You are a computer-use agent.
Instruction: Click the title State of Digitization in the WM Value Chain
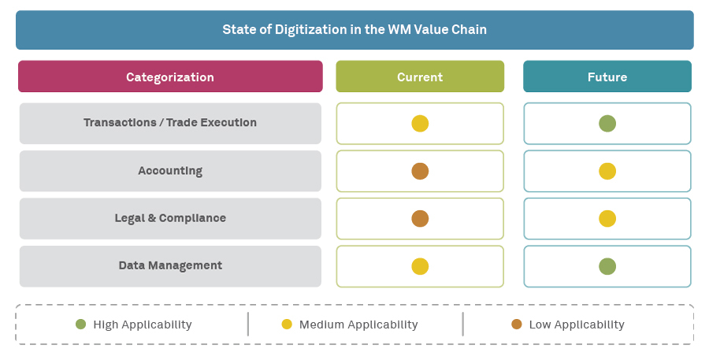pyautogui.click(x=354, y=30)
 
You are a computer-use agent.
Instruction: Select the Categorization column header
pyautogui.click(x=170, y=77)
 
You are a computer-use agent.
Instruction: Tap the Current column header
pyautogui.click(x=420, y=77)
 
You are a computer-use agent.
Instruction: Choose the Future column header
pyautogui.click(x=607, y=77)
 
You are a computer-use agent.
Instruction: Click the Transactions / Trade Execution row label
pyautogui.click(x=170, y=123)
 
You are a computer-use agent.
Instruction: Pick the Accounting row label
pyautogui.click(x=170, y=171)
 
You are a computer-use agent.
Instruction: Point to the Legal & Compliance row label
pyautogui.click(x=170, y=218)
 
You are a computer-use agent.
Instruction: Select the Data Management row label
pyautogui.click(x=170, y=265)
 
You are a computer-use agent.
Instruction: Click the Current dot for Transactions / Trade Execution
pyautogui.click(x=420, y=124)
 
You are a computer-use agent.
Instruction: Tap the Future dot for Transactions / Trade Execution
pyautogui.click(x=607, y=124)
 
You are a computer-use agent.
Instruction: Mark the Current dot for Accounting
pyautogui.click(x=420, y=171)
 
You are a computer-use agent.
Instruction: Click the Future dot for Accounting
pyautogui.click(x=607, y=171)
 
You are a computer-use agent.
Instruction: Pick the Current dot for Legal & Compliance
pyautogui.click(x=420, y=218)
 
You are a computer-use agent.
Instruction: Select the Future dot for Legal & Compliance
pyautogui.click(x=607, y=218)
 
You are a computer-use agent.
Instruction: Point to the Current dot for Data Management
pyautogui.click(x=420, y=266)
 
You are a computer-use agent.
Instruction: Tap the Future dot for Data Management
pyautogui.click(x=607, y=266)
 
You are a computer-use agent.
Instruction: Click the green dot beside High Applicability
pyautogui.click(x=80, y=324)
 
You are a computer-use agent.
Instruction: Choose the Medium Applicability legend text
pyautogui.click(x=358, y=325)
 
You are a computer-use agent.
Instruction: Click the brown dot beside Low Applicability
pyautogui.click(x=517, y=324)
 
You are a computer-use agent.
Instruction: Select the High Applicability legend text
pyautogui.click(x=143, y=325)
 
